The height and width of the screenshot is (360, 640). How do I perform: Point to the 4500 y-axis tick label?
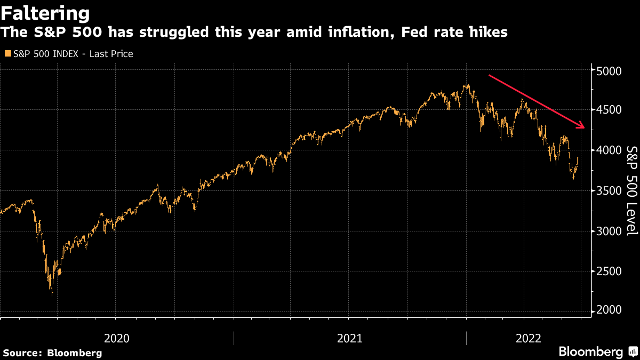608,110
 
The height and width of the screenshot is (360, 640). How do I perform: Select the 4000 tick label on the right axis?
608,150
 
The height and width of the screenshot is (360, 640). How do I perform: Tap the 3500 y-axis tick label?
608,191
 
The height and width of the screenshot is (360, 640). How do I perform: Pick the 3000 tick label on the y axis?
608,231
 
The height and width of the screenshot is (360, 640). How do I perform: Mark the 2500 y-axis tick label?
608,271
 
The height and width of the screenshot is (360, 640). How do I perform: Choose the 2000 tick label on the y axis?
608,311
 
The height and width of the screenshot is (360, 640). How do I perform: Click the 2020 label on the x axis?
117,338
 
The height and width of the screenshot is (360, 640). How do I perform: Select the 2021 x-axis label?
349,338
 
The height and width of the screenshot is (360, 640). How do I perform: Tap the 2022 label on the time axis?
528,338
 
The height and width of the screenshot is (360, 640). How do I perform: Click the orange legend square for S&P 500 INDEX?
7,54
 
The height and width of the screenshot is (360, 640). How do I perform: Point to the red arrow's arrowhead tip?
586,128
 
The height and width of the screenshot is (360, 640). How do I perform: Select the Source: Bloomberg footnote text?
52,353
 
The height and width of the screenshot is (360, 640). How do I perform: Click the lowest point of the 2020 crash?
52,295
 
